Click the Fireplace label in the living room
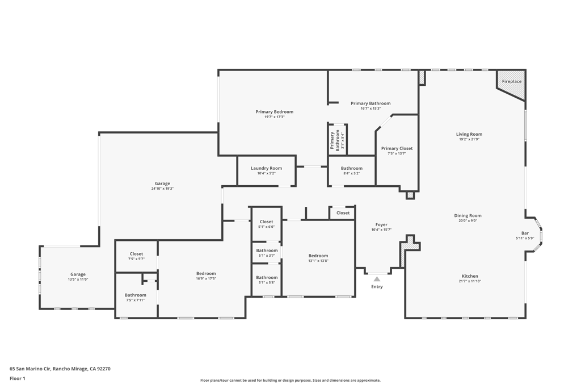point(511,81)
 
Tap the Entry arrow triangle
point(377,279)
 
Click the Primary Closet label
point(397,148)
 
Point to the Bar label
point(525,233)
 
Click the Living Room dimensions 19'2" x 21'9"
point(469,139)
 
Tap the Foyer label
point(381,225)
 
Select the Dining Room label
point(468,215)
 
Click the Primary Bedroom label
point(274,112)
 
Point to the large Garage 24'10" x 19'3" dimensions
point(162,189)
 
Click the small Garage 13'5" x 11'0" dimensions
point(78,279)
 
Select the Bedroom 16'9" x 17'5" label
point(205,273)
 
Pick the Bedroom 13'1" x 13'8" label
point(318,256)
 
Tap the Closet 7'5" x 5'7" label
point(136,254)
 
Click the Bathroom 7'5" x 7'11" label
point(135,295)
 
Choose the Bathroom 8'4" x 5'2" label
point(351,168)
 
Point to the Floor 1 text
point(18,378)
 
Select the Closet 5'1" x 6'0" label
point(266,222)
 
